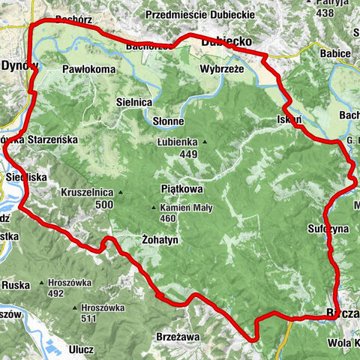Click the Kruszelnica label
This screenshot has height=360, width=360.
(88, 191)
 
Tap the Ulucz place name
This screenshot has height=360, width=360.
(79, 349)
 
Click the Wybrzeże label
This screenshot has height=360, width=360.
(220, 68)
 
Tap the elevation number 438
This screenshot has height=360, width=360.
(324, 13)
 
